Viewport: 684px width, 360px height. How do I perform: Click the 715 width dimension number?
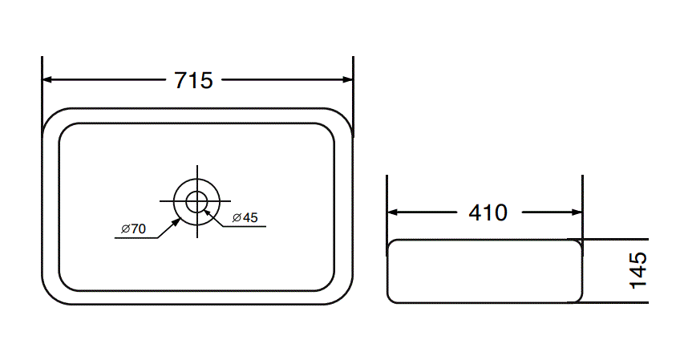tap(193, 80)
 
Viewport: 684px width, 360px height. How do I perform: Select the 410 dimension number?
tap(488, 213)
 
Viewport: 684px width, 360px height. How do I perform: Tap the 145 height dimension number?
tap(638, 269)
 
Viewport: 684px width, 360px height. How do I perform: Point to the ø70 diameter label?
tap(133, 229)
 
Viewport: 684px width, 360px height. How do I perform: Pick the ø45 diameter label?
tap(245, 218)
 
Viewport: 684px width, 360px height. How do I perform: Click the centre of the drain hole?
tap(196, 200)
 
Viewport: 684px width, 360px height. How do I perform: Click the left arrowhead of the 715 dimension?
tap(47, 80)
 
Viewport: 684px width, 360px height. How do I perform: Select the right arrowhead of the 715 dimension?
tap(347, 80)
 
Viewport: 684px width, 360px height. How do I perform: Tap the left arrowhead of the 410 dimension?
tap(393, 213)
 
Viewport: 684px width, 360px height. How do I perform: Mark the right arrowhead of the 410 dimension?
tap(577, 213)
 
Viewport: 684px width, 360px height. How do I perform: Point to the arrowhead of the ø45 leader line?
tap(208, 211)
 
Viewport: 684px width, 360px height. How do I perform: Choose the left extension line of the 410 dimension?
tap(387, 200)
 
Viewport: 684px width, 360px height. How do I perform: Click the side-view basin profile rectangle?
tap(484, 271)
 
